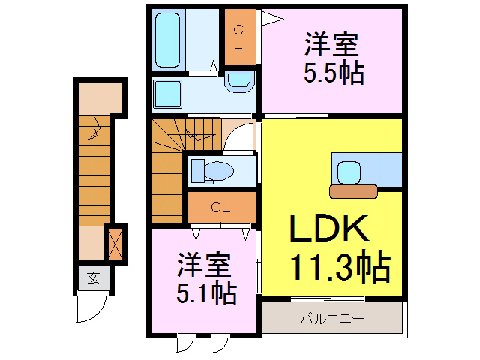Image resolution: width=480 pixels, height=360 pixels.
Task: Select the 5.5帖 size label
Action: click(333, 73)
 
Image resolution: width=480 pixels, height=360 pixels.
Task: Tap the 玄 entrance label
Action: click(93, 279)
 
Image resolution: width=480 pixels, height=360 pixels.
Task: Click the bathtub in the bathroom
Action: click(170, 39)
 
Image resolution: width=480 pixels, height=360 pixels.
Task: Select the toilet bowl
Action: click(217, 171)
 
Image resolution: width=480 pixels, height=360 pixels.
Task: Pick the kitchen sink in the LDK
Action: click(348, 172)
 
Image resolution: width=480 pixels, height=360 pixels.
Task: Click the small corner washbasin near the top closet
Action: click(239, 81)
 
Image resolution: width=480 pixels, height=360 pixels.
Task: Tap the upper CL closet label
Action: click(238, 36)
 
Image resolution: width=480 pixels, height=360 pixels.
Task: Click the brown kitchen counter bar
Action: click(352, 192)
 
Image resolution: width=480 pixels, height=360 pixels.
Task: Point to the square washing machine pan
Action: click(169, 94)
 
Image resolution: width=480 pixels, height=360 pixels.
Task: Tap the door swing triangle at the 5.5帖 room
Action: click(270, 17)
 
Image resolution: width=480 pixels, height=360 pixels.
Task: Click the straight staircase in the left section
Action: click(93, 172)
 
